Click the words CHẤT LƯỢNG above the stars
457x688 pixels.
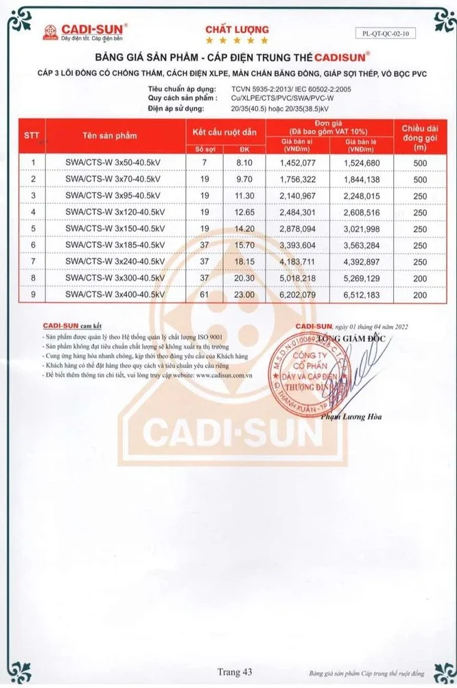tap(237, 30)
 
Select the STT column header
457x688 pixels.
tap(32, 135)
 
